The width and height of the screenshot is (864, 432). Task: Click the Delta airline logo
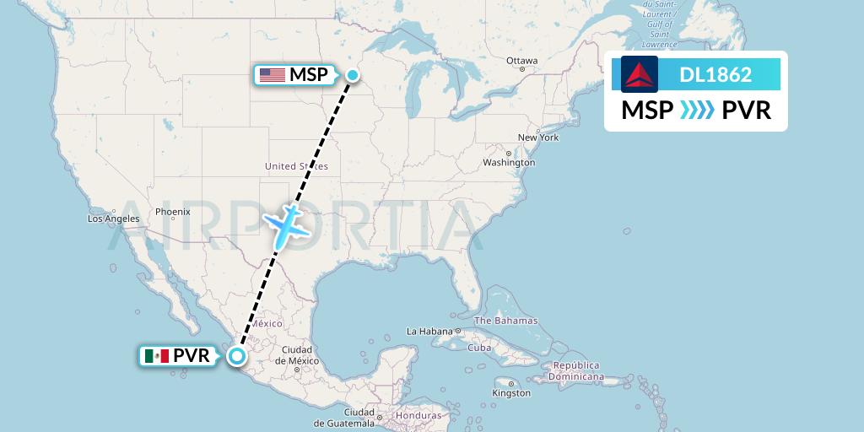pos(640,74)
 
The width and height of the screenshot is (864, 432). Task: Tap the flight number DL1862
pos(715,74)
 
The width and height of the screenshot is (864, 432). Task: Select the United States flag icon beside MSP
pos(273,75)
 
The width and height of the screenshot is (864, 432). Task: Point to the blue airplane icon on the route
pos(287,225)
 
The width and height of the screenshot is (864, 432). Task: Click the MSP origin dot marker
pos(353,75)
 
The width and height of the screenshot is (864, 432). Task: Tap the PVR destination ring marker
pos(238,356)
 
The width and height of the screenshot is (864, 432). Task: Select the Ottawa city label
pos(521,61)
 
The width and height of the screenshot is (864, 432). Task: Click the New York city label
pos(537,138)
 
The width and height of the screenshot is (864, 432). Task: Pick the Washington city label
pos(509,162)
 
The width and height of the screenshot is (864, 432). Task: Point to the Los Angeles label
pos(113,219)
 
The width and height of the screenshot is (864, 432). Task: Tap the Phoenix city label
pos(172,212)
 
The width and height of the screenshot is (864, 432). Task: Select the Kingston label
pos(511,392)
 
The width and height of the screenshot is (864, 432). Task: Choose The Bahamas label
pos(505,321)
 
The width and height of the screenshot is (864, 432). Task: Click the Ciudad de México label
pos(297,354)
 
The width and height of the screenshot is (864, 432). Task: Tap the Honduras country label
pos(419,415)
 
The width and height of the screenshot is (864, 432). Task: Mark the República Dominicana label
pos(577,370)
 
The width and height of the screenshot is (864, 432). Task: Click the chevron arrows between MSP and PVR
pos(696,111)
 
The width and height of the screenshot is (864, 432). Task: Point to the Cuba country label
pos(479,348)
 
